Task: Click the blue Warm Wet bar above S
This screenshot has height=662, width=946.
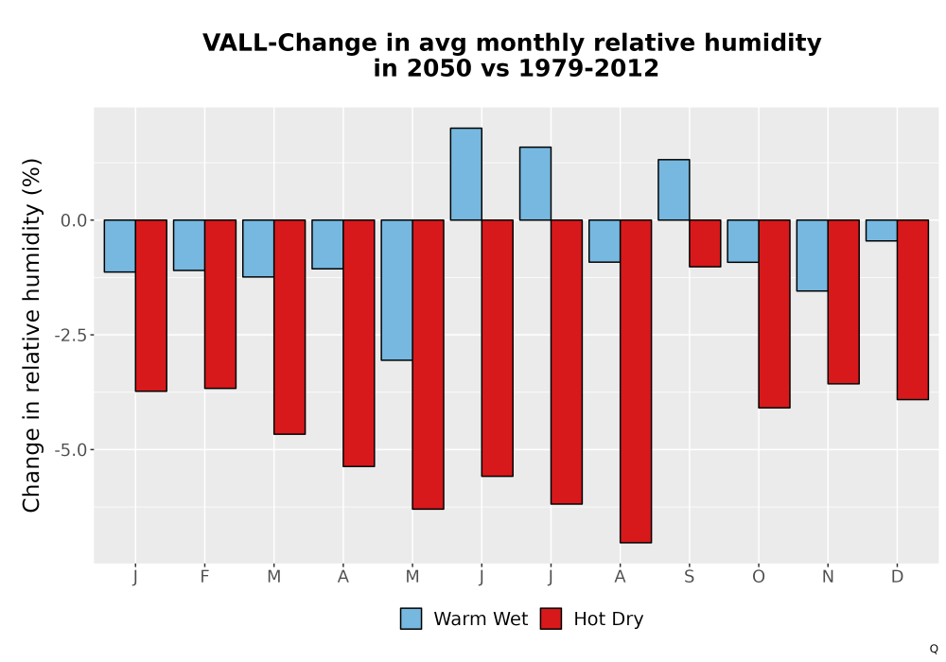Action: point(674,190)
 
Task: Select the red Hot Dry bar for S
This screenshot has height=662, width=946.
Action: point(705,244)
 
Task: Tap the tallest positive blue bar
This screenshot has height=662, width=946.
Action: point(465,174)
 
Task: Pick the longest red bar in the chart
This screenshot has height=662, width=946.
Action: point(636,381)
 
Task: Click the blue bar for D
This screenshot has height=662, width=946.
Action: point(882,231)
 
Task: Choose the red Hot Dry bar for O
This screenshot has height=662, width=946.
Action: point(774,314)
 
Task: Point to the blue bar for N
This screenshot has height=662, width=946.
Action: point(812,255)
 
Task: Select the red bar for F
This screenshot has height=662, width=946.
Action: point(220,304)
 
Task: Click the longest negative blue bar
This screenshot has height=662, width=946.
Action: point(397,290)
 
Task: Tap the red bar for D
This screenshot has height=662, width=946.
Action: point(913,310)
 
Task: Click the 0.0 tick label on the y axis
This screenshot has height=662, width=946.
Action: point(74,220)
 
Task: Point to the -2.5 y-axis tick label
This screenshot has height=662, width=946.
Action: point(71,335)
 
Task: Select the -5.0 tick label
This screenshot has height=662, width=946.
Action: point(71,450)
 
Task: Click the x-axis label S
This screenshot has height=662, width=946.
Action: point(689,577)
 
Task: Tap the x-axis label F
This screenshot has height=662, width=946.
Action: point(204,577)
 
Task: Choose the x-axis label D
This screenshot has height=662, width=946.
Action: point(897,577)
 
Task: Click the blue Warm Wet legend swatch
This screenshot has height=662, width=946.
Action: point(411,618)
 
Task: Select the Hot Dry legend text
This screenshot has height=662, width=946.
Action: point(608,619)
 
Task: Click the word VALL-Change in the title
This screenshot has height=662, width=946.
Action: point(289,43)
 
